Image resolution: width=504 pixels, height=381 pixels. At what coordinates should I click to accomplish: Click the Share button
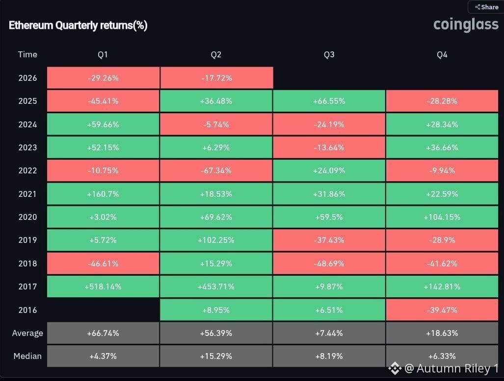click(x=486, y=7)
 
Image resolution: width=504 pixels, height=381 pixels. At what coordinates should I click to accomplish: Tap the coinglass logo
click(x=466, y=24)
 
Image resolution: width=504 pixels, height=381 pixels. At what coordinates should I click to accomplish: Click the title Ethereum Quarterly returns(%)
click(x=78, y=25)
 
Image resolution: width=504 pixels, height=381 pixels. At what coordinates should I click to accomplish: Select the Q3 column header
click(x=329, y=54)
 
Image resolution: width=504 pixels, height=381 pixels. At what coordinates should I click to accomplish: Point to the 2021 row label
click(x=27, y=194)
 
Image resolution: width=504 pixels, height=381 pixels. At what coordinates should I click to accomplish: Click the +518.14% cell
click(x=103, y=286)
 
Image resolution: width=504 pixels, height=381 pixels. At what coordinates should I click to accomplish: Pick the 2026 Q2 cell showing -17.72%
click(x=216, y=78)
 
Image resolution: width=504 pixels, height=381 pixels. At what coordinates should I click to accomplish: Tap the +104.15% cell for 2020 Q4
click(x=442, y=217)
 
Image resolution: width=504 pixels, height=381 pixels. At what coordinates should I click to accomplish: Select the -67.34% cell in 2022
click(x=216, y=170)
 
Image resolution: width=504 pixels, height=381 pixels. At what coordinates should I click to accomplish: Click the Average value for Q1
click(x=103, y=333)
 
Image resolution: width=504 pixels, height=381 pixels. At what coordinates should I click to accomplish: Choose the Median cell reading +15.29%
click(x=216, y=357)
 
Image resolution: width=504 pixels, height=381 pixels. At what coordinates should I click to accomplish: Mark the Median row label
click(x=27, y=357)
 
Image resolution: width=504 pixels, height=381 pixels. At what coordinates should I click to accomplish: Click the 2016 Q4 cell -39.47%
click(x=442, y=310)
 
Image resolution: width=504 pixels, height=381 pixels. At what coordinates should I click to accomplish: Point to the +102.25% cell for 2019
click(x=216, y=240)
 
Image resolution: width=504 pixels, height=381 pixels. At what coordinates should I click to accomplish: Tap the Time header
click(x=27, y=54)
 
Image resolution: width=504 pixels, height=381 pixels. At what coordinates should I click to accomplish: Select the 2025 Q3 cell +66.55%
click(x=329, y=101)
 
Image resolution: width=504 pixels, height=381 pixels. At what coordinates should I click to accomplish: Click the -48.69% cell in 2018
click(x=329, y=263)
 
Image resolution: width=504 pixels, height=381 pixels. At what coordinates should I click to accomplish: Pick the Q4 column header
click(x=442, y=54)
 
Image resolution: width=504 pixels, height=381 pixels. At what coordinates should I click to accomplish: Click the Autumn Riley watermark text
click(x=451, y=368)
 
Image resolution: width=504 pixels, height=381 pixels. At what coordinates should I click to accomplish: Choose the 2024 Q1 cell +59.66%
click(x=103, y=124)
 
